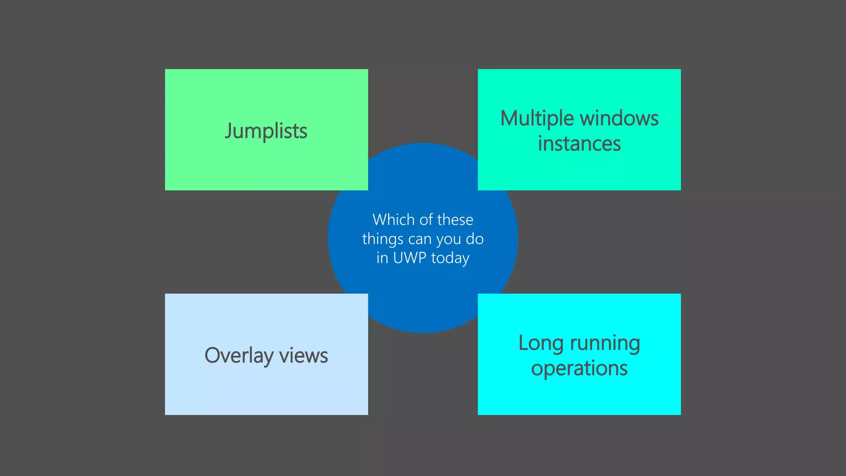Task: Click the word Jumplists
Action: (266, 131)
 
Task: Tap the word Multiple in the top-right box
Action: (537, 119)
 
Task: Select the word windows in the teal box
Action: (619, 119)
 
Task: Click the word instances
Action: (579, 144)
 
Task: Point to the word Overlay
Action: (239, 356)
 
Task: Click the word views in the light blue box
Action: (304, 356)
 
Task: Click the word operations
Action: (579, 369)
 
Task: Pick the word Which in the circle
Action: (393, 220)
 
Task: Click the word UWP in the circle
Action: (409, 258)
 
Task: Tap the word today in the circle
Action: (450, 258)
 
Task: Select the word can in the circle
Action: (420, 239)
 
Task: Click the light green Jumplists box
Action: (266, 165)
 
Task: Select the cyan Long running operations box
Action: (579, 397)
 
